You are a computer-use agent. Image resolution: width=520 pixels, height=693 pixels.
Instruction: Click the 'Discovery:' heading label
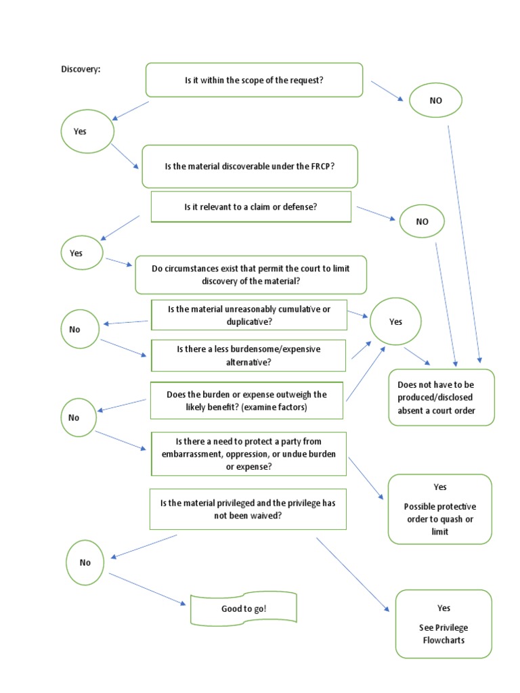pyautogui.click(x=81, y=70)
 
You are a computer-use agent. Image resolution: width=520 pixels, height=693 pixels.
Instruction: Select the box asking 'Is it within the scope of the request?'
pyautogui.click(x=254, y=80)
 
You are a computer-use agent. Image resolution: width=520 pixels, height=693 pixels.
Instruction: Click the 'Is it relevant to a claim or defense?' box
pyautogui.click(x=251, y=207)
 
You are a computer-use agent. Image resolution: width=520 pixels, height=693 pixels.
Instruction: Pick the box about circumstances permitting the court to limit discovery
pyautogui.click(x=251, y=274)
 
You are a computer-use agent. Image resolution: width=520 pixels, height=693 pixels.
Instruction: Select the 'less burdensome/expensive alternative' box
pyautogui.click(x=248, y=355)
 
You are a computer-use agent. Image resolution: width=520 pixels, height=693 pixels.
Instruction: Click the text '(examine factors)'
pyautogui.click(x=278, y=408)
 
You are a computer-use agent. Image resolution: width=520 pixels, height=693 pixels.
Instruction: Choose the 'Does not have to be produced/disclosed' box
pyautogui.click(x=441, y=397)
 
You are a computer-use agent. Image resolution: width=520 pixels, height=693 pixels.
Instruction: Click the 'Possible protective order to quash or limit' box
pyautogui.click(x=439, y=509)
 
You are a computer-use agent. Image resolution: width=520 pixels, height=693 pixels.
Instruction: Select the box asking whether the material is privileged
pyautogui.click(x=248, y=509)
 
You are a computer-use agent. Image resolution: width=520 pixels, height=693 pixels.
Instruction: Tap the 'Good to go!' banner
pyautogui.click(x=244, y=609)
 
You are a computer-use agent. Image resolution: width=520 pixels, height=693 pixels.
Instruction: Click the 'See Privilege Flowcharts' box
pyautogui.click(x=443, y=623)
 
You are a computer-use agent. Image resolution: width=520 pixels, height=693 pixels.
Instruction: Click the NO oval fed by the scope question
pyautogui.click(x=435, y=100)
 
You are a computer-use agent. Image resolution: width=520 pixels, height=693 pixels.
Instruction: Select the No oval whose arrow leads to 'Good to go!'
pyautogui.click(x=85, y=562)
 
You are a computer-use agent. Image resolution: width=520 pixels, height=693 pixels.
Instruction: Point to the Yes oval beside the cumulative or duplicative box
pyautogui.click(x=395, y=322)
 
